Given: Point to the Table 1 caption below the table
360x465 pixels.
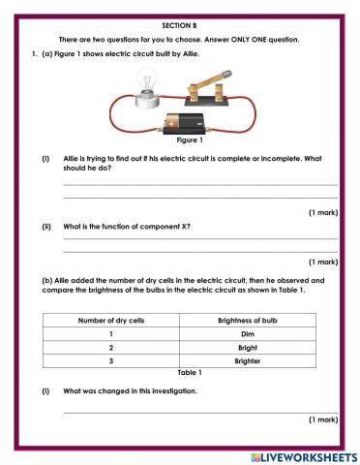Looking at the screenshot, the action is [x=189, y=372].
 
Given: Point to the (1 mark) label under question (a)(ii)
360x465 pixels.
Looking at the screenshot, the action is [x=322, y=262].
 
